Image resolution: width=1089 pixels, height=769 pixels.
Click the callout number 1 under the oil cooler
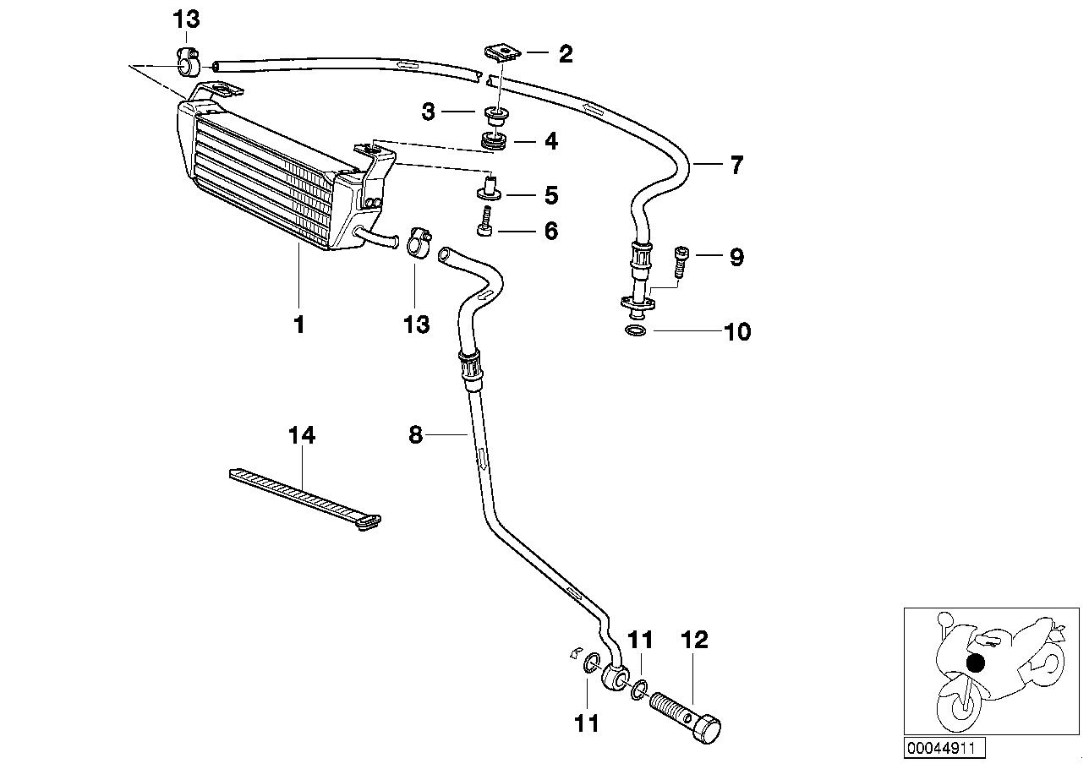point(298,324)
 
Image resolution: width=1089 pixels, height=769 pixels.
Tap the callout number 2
point(566,54)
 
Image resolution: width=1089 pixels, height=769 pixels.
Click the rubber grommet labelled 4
point(492,141)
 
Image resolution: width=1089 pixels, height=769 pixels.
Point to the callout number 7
point(736,165)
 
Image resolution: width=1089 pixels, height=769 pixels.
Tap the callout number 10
point(737,331)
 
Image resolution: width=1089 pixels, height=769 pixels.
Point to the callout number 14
point(301,435)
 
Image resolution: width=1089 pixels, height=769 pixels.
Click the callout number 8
point(415,435)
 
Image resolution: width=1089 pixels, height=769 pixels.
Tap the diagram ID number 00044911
point(944,748)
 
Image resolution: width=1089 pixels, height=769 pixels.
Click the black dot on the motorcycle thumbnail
point(976,663)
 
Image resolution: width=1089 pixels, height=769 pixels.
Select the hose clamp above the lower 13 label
point(415,243)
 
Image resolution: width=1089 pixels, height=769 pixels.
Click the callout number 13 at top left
point(187,19)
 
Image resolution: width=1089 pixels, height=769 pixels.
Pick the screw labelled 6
point(485,225)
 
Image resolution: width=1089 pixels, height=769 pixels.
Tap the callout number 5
point(551,196)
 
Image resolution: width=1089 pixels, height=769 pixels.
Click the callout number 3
point(429,111)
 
